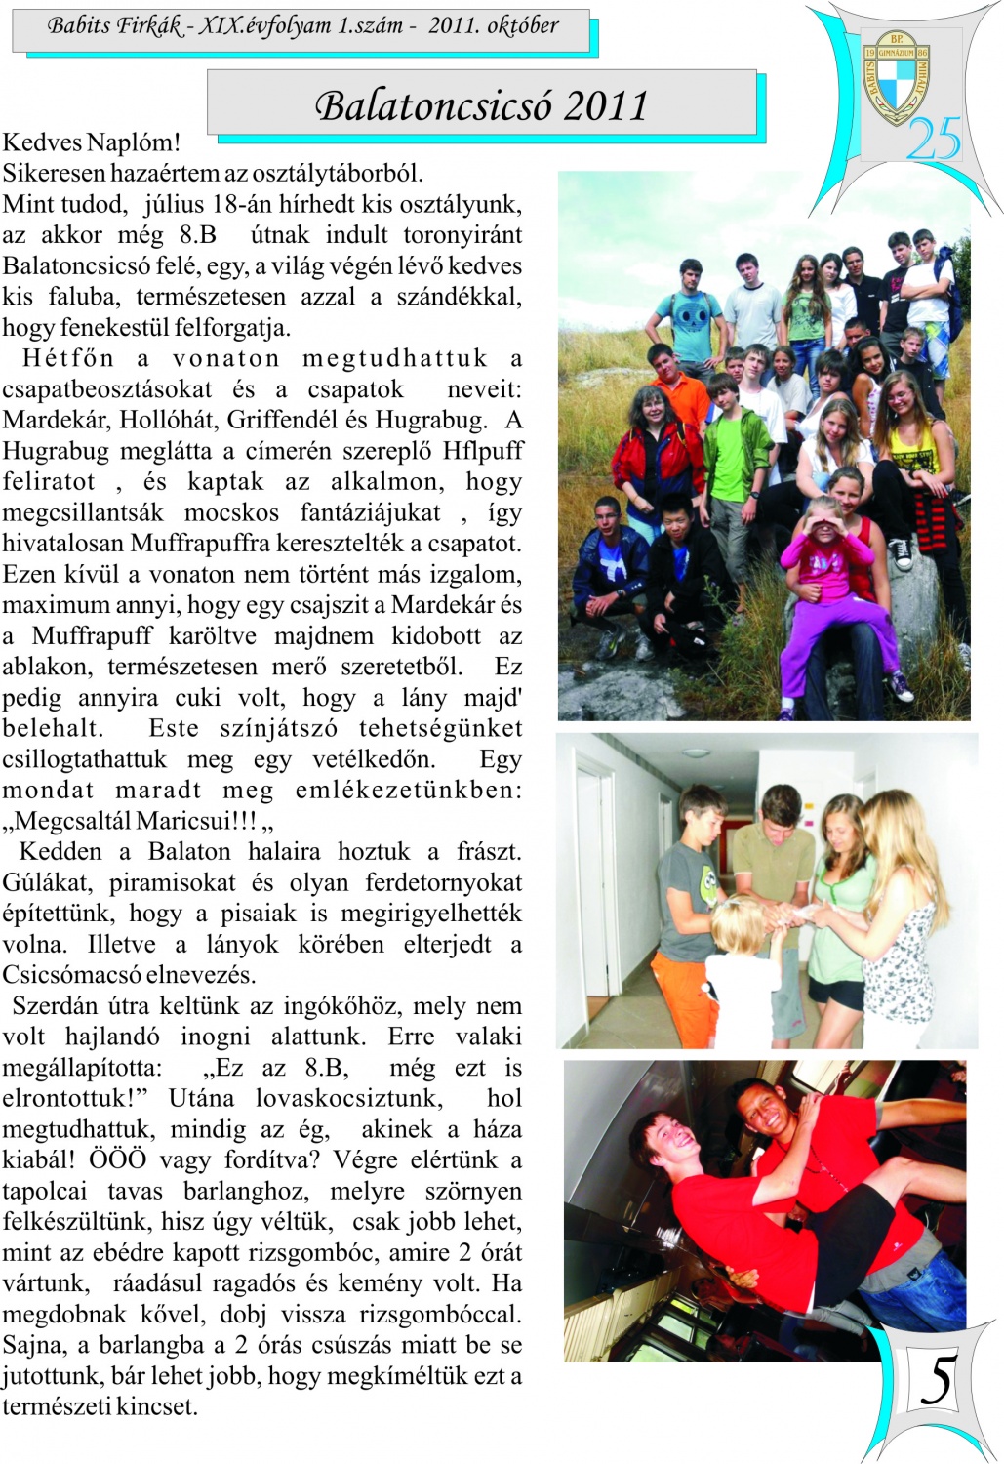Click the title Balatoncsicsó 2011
point(481,105)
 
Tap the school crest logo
point(895,79)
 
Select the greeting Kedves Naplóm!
point(92,142)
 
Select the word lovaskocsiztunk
point(348,1099)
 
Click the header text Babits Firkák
point(114,26)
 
